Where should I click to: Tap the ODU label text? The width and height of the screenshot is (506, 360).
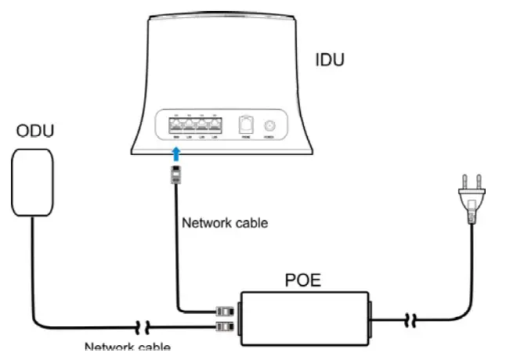36,131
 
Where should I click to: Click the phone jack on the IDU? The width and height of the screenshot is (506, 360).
246,124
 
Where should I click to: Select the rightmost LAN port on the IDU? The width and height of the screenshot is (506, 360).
213,123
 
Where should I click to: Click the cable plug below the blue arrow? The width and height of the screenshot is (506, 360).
176,173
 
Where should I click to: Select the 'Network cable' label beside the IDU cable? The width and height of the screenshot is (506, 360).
225,223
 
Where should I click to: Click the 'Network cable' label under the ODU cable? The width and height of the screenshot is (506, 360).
127,347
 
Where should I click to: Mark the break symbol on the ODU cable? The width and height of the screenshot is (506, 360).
144,324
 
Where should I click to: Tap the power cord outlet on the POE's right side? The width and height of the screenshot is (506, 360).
371,317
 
